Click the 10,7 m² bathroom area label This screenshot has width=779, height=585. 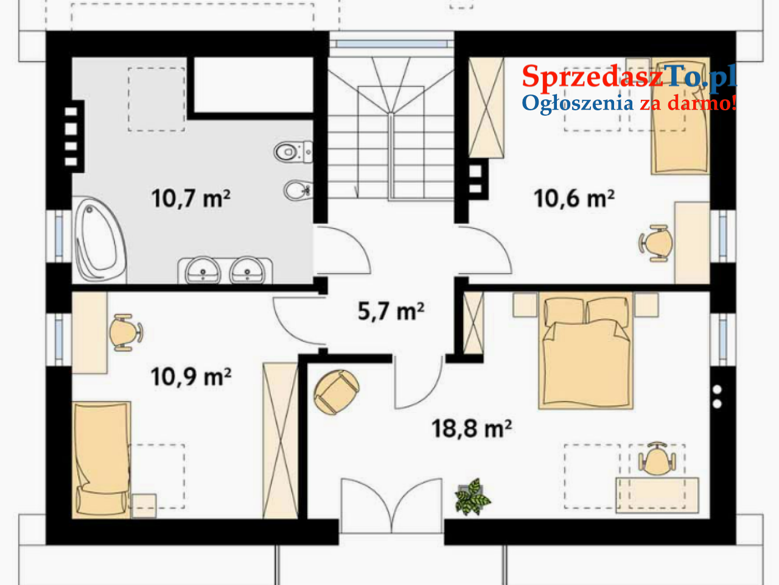pos(191,198)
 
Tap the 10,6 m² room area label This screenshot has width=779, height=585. pos(574,198)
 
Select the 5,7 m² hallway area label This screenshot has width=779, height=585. pos(391,311)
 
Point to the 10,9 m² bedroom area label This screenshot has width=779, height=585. pos(191,377)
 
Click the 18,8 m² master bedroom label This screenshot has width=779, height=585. pos(471,428)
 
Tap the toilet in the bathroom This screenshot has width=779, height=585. pos(293,152)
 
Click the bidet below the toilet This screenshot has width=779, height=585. pos(298,190)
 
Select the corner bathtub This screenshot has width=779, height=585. pos(100,239)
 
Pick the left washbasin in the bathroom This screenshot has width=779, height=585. pos(203,271)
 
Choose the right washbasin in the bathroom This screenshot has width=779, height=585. pos(247,271)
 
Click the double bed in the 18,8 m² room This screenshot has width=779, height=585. pos(585,350)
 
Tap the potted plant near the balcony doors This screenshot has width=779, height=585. pos(472,497)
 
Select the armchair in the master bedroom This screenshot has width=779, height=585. pos(336,392)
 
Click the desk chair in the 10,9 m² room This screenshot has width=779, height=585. pos(126,333)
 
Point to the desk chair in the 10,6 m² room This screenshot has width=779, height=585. pos(656,243)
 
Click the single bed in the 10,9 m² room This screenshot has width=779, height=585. pos(102,460)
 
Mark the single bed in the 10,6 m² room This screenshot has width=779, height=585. pos(680,116)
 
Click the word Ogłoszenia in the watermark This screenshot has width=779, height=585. pos(578,104)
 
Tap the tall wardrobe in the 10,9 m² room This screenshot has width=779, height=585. pos(280,441)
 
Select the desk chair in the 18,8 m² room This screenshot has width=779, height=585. pos(657,459)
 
